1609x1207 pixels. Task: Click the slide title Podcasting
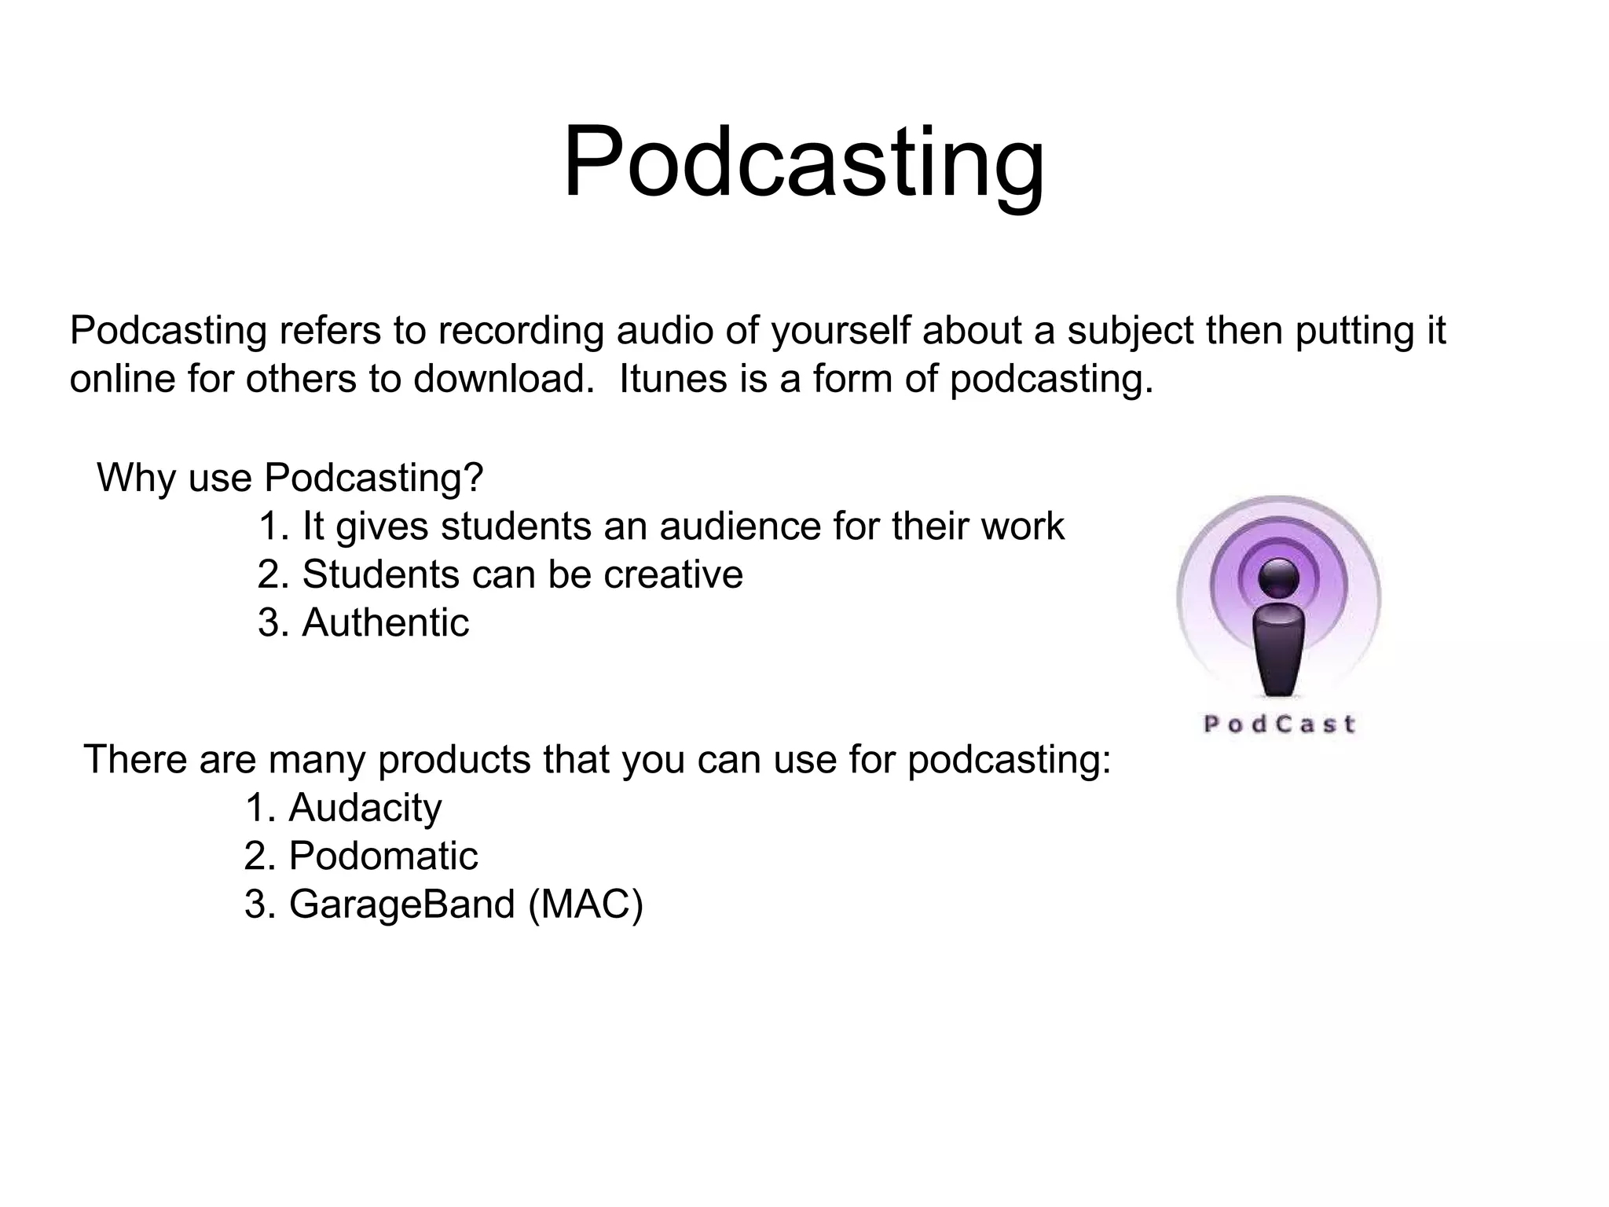[804, 163]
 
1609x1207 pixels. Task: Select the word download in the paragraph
[504, 380]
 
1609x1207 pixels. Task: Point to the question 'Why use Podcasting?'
[290, 478]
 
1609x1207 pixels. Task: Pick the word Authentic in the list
[385, 623]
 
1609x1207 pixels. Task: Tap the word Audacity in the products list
[365, 808]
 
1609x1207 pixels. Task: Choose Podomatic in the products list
[383, 856]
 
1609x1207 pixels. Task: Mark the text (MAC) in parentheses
[586, 904]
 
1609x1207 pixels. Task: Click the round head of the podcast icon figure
[1278, 578]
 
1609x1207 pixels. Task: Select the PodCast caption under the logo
[1279, 724]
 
